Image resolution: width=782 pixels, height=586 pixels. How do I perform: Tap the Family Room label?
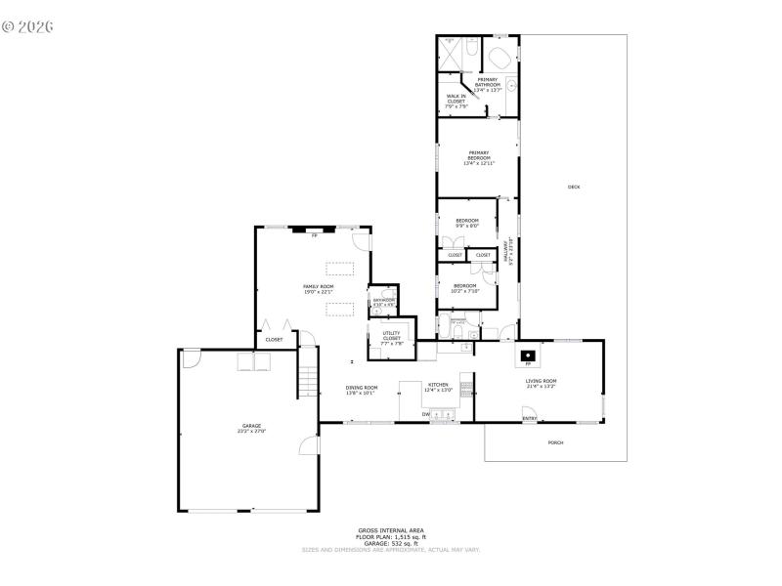[x=318, y=288]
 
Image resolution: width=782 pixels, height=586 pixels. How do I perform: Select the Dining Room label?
[x=361, y=391]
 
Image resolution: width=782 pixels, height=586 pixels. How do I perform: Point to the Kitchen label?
[x=438, y=387]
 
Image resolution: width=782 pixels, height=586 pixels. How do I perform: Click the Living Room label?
[x=541, y=383]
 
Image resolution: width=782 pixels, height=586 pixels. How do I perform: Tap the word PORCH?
[x=555, y=442]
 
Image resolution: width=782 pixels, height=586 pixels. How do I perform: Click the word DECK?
[x=574, y=187]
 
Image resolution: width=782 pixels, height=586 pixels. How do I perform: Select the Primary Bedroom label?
[x=478, y=156]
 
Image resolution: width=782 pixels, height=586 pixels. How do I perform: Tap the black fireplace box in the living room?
[x=528, y=356]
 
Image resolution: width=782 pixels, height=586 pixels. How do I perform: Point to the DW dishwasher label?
[x=426, y=414]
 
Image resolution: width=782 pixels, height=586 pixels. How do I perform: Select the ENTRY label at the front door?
[x=529, y=419]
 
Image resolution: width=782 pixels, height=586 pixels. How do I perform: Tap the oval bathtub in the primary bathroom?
[x=499, y=56]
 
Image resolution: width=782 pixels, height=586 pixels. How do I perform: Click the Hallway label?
[x=506, y=253]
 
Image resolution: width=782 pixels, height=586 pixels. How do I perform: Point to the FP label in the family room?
[x=315, y=235]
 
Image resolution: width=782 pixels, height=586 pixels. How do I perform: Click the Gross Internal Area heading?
[x=391, y=531]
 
